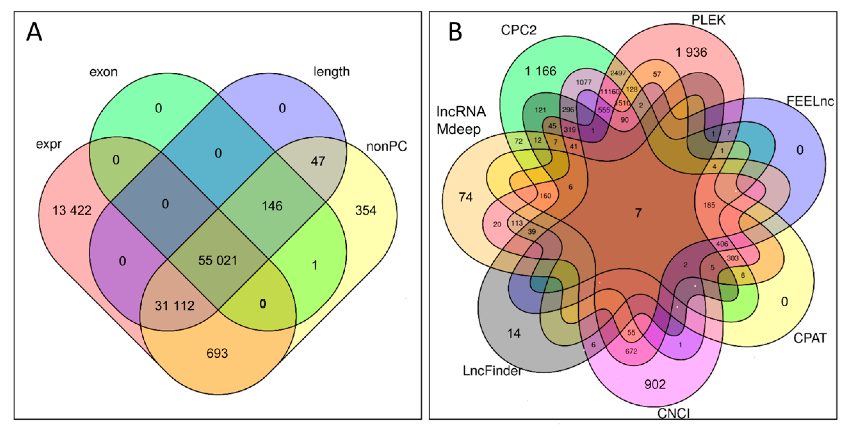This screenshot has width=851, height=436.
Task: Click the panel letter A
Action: [34, 32]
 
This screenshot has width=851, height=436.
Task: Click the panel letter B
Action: [455, 32]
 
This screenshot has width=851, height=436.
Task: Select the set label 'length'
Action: [331, 72]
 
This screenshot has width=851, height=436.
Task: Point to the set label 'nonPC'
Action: [386, 146]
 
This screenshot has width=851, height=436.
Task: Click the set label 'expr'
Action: [49, 144]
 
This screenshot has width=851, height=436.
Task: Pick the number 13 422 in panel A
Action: [72, 210]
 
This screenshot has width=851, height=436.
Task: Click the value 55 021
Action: [218, 261]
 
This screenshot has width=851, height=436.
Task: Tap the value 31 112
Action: [174, 306]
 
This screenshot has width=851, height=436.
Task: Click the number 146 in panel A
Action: [272, 206]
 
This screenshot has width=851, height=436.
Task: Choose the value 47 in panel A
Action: [318, 161]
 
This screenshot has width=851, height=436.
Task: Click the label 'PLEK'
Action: [708, 20]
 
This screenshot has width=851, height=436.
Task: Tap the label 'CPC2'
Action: [518, 30]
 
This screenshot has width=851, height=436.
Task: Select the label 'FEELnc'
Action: [810, 101]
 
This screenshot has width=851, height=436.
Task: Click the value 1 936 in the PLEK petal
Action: [691, 52]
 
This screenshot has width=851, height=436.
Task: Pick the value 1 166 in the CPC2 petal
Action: [541, 71]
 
